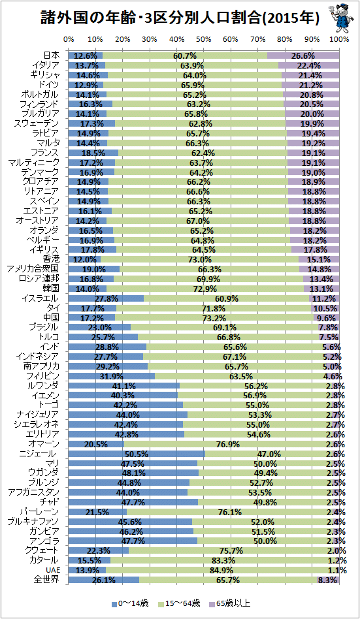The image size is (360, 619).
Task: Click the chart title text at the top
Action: click(x=180, y=18)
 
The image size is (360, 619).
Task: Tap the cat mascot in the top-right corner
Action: click(x=338, y=18)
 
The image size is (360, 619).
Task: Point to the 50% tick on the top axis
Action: click(x=203, y=39)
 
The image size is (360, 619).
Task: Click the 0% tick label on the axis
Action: click(x=69, y=39)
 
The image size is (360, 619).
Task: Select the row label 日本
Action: click(x=52, y=56)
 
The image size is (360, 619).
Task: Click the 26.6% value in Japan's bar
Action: click(x=303, y=56)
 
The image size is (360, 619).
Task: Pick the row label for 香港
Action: click(x=52, y=259)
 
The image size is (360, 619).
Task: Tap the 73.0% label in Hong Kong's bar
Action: click(x=200, y=260)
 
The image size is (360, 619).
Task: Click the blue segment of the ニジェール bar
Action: click(x=137, y=454)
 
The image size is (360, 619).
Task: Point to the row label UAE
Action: click(x=52, y=570)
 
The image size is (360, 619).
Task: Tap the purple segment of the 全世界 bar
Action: click(x=328, y=580)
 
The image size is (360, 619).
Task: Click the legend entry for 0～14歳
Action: click(x=130, y=603)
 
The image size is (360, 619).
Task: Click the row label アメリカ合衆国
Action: click(x=33, y=269)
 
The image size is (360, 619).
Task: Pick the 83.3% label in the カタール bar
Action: click(x=223, y=561)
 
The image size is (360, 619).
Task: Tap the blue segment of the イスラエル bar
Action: click(x=106, y=298)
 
